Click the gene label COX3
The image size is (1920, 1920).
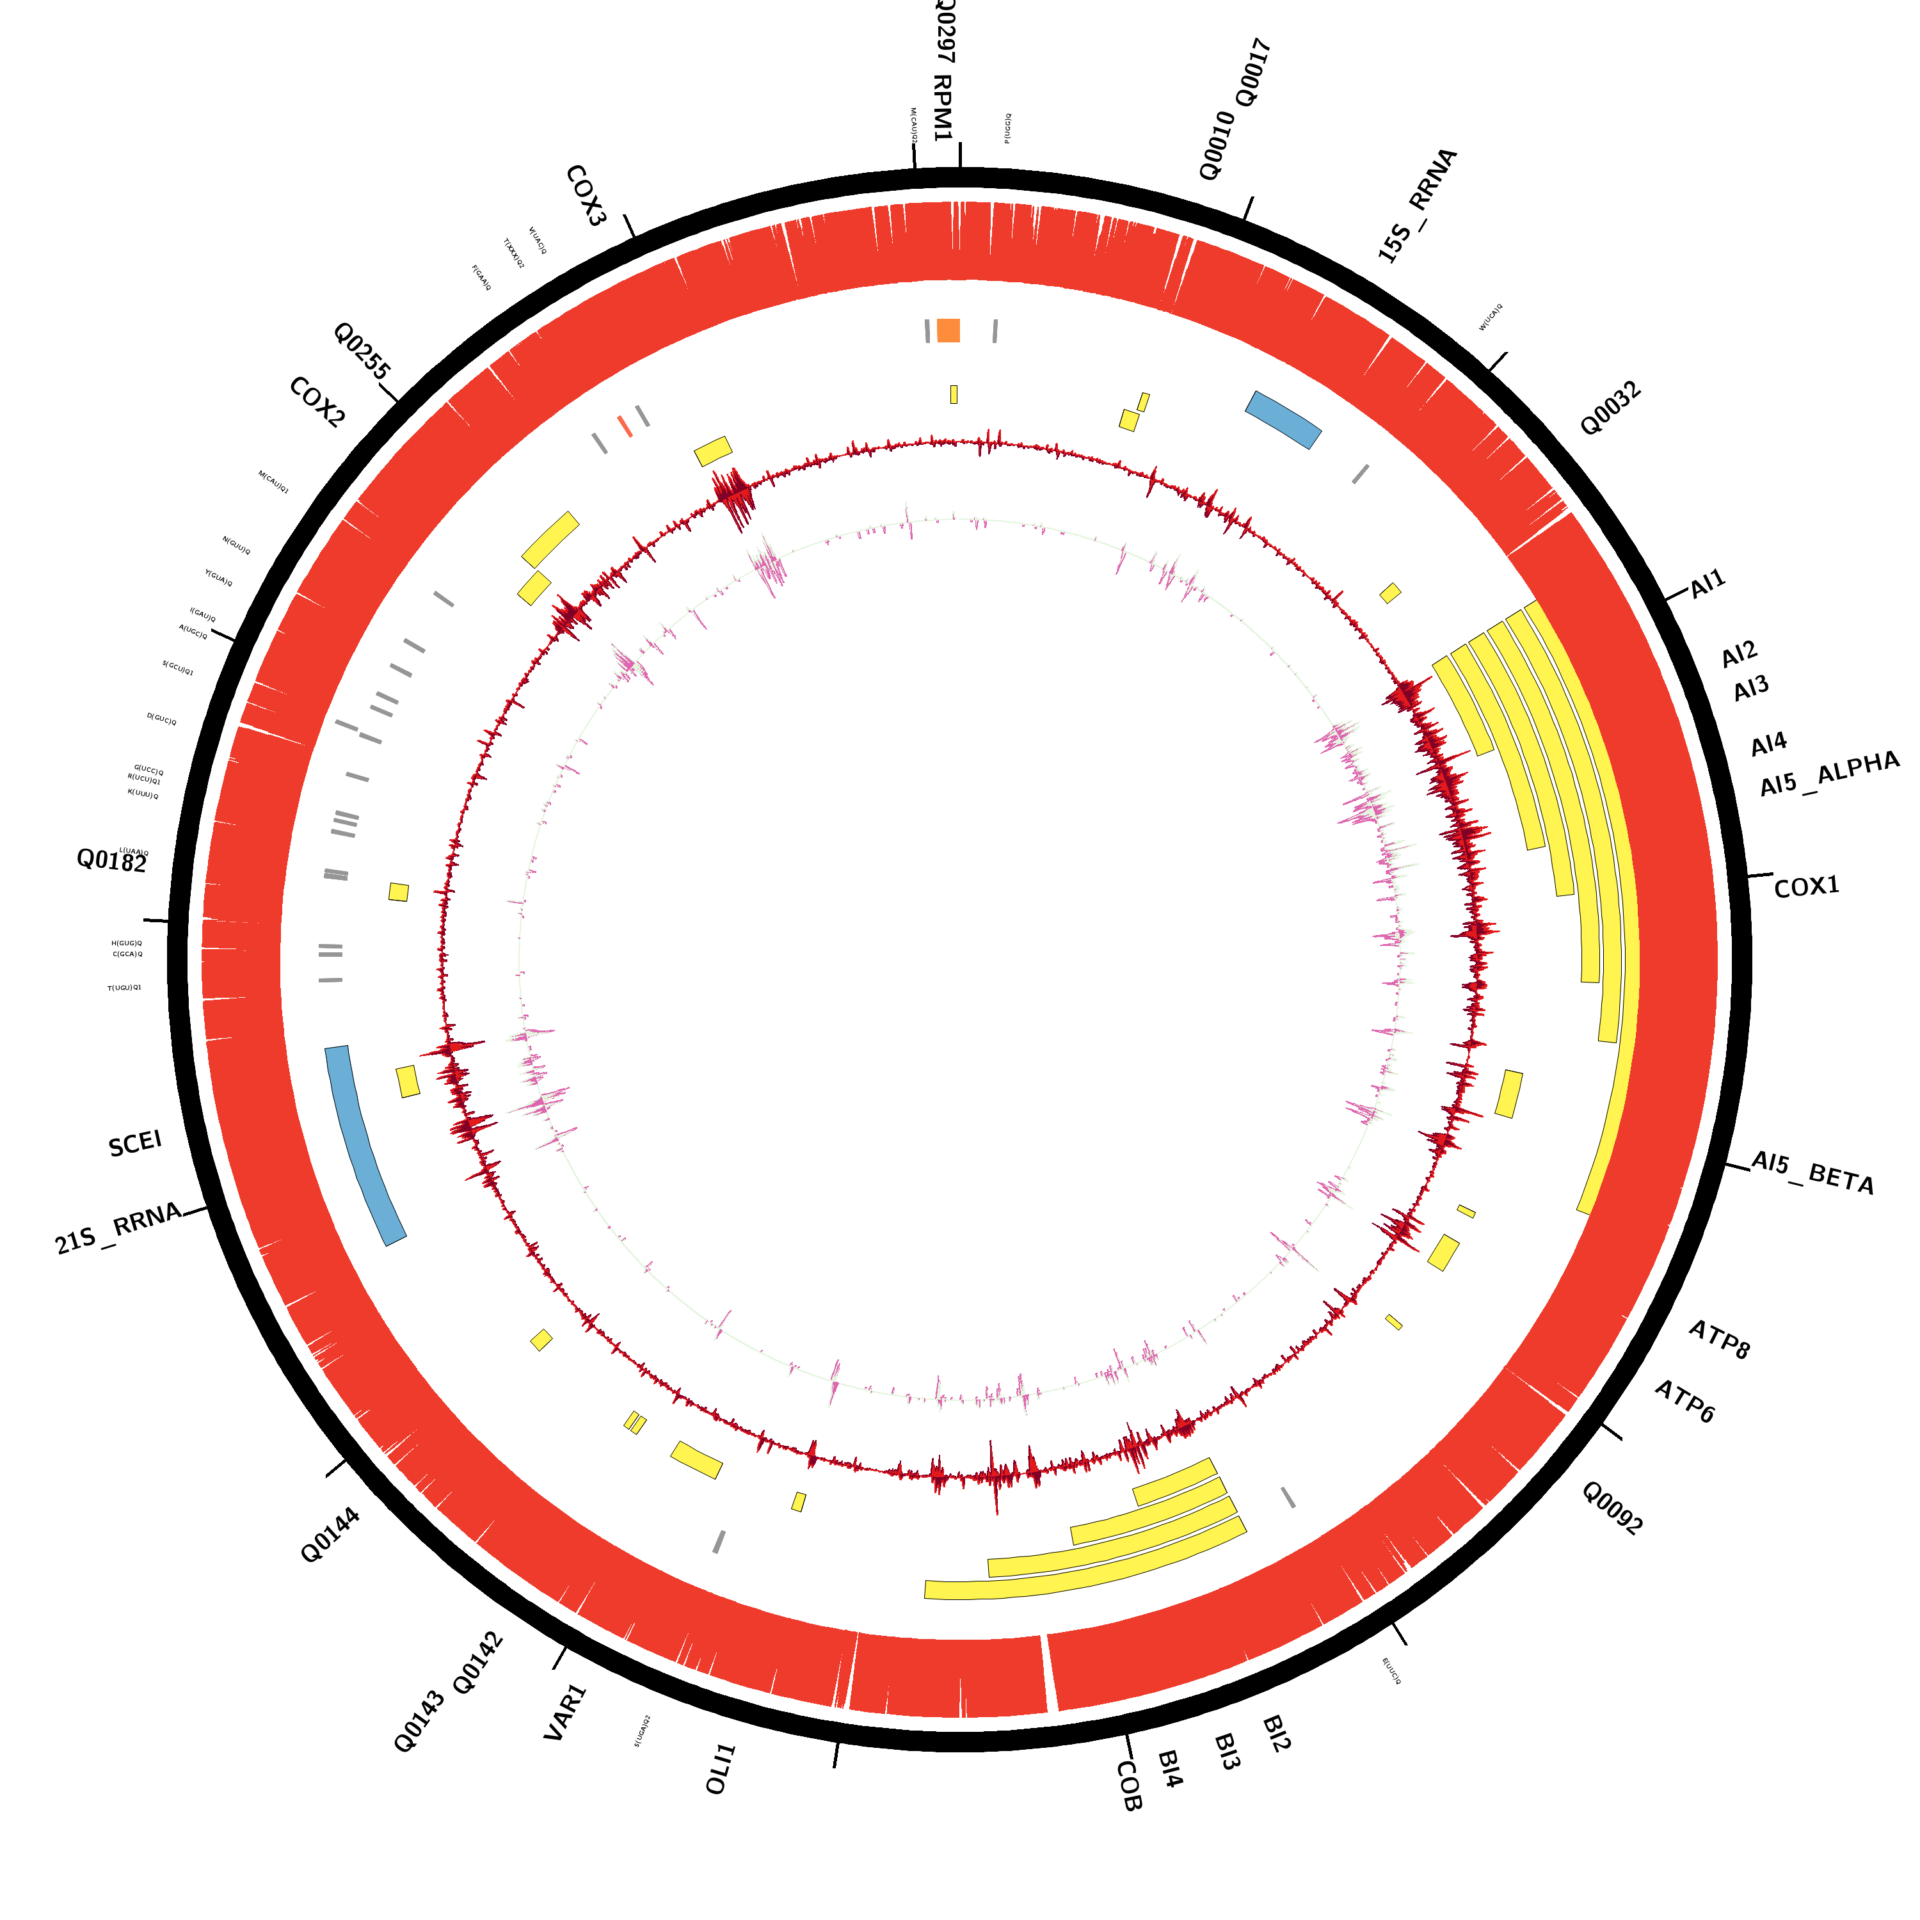point(586,196)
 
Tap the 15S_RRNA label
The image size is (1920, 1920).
point(1417,205)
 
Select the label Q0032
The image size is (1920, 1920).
point(1610,408)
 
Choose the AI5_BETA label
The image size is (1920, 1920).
point(1812,1174)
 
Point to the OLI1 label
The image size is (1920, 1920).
point(721,1769)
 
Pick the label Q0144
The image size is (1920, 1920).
point(330,1535)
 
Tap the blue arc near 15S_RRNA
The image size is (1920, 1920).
point(1283,419)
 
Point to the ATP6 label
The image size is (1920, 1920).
point(1684,1402)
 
